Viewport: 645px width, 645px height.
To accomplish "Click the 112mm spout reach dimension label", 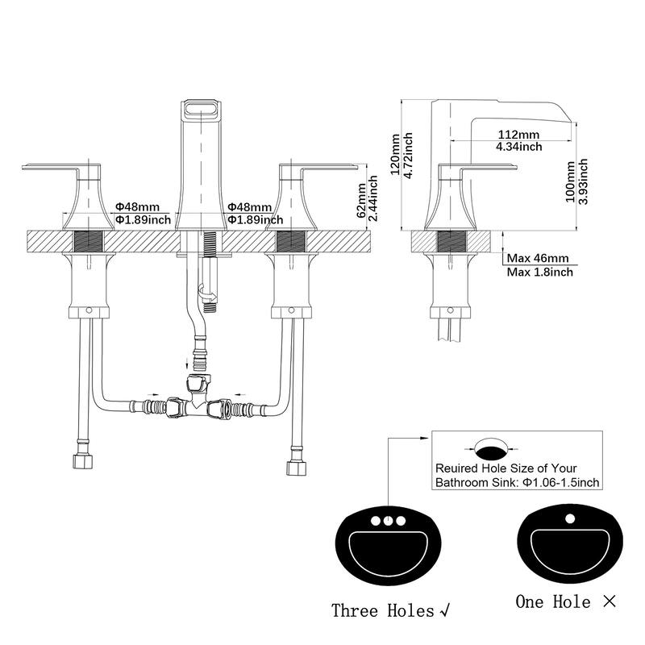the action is tap(518, 135).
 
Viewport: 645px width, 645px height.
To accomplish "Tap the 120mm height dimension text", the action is tap(395, 154).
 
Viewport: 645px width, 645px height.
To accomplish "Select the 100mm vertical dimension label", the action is tap(570, 181).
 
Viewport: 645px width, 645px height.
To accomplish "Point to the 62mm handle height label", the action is tap(360, 200).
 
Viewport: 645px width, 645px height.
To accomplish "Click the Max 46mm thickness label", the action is tap(538, 258).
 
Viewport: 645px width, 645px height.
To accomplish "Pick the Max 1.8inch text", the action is tap(539, 272).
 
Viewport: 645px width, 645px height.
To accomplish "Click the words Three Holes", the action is tap(383, 610).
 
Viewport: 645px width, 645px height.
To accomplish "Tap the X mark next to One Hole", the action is tap(610, 601).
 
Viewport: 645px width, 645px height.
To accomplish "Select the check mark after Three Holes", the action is tap(445, 611).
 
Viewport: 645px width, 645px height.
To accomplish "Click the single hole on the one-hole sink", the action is tap(570, 518).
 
